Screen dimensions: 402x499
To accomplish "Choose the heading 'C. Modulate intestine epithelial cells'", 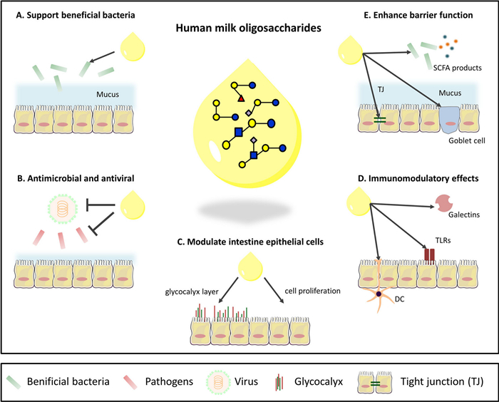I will click(249, 242).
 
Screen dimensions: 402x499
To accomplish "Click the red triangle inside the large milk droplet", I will click(241, 98).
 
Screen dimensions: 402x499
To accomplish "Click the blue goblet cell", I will click(451, 115).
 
